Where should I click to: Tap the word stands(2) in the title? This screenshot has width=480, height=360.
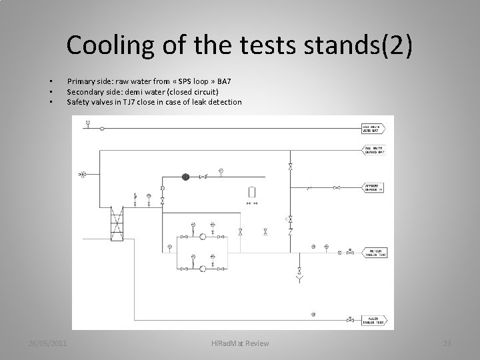pos(364,45)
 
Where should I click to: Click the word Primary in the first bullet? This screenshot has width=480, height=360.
pos(80,81)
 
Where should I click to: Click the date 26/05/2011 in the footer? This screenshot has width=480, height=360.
pos(48,343)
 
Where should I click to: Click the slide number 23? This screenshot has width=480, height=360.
pos(447,343)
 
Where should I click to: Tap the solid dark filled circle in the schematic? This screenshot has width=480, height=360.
pos(186,177)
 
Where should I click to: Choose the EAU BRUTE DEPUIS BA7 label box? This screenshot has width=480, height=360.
pos(373,151)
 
